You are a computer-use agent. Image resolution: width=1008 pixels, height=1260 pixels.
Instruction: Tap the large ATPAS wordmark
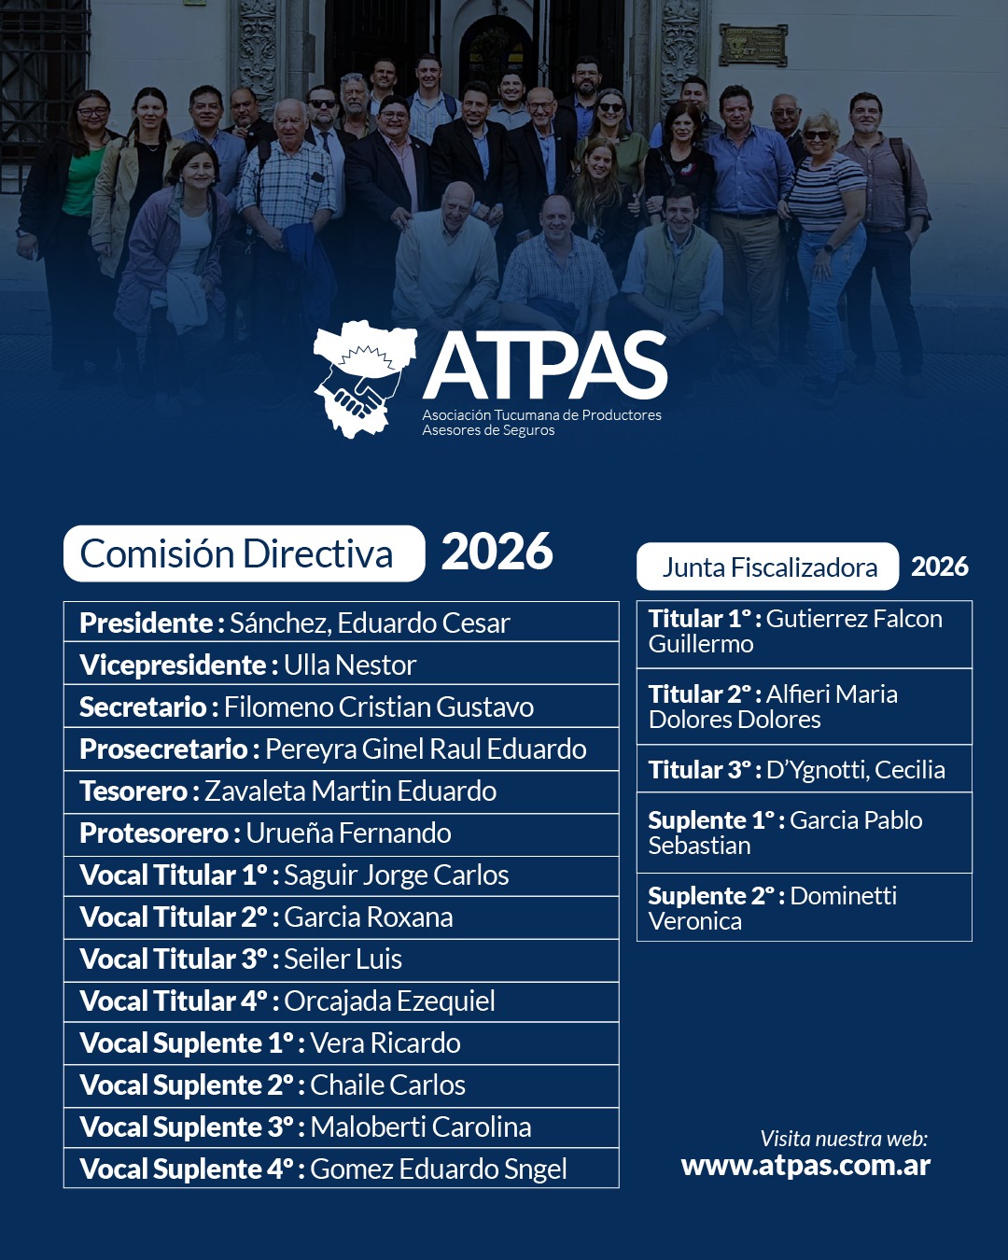pos(545,366)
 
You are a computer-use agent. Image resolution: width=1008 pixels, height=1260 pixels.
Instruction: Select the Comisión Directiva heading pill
pos(244,553)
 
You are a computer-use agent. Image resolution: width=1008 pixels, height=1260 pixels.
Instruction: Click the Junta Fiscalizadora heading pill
pos(767,567)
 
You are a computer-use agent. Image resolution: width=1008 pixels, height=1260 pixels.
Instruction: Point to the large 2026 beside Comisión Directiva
pos(497,552)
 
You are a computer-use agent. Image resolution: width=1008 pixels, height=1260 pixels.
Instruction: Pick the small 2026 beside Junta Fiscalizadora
pos(939,567)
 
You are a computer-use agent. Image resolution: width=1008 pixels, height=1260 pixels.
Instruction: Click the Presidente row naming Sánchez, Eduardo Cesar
pos(341,623)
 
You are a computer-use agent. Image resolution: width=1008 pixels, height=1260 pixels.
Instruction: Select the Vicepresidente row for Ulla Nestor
pos(341,665)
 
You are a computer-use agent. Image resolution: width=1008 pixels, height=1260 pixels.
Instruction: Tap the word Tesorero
pos(134,791)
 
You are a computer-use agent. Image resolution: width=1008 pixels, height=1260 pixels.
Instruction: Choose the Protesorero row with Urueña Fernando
pos(341,833)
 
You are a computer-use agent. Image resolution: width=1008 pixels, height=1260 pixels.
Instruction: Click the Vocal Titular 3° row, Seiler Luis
pos(341,959)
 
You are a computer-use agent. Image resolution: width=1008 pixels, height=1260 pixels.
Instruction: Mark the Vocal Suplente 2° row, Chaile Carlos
pos(341,1085)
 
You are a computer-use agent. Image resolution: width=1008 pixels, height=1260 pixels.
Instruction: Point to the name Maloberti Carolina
pos(420,1127)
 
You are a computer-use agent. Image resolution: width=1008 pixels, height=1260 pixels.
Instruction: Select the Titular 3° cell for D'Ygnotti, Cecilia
pos(804,769)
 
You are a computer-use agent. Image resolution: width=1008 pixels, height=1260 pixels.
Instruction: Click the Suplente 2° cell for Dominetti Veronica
pos(804,907)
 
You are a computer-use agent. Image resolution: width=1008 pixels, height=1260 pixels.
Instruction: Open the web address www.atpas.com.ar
pos(805,1166)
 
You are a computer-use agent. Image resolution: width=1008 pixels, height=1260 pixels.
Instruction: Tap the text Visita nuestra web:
pos(844,1139)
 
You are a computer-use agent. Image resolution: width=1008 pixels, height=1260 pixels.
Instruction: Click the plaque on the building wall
pos(752,45)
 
